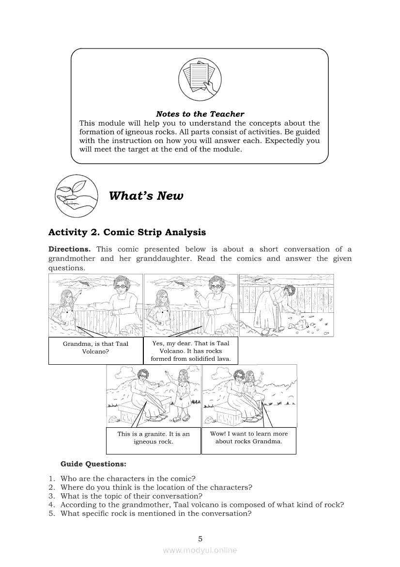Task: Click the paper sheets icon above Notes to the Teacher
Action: click(x=200, y=79)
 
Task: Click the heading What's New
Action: click(x=146, y=196)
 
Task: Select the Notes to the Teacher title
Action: click(x=200, y=114)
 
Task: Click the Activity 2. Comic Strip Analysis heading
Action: click(x=127, y=232)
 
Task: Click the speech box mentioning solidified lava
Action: click(x=191, y=351)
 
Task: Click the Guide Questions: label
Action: click(x=93, y=464)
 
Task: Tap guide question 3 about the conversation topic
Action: click(x=131, y=496)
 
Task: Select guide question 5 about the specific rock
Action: click(x=155, y=514)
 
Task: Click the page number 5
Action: click(x=200, y=538)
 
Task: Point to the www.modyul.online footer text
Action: click(x=200, y=550)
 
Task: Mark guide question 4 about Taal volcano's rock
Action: click(x=202, y=505)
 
